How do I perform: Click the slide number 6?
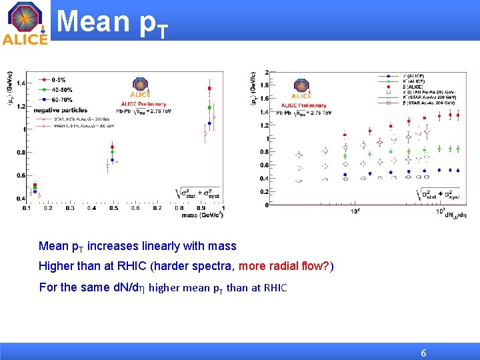click(423, 353)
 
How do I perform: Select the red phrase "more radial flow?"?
click(283, 267)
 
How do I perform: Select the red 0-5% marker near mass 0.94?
click(210, 88)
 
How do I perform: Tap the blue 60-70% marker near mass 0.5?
click(113, 160)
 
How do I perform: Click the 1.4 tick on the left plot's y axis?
click(21, 83)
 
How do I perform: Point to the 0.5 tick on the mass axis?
click(113, 208)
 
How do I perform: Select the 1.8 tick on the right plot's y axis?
click(265, 85)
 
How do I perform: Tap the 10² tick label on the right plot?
click(355, 211)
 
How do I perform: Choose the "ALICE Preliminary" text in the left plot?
click(143, 103)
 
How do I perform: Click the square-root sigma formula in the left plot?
click(197, 194)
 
